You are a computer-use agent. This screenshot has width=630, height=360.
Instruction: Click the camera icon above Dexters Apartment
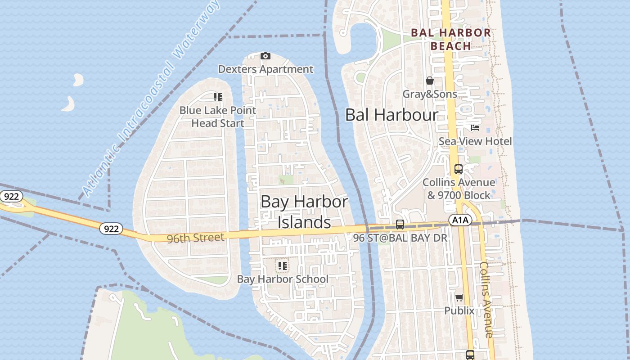tap(265, 56)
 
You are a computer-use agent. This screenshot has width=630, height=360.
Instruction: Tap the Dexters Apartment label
tap(265, 69)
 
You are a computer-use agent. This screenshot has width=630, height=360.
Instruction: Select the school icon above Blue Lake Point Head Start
tap(218, 97)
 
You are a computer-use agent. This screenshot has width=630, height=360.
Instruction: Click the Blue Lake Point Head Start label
tap(218, 117)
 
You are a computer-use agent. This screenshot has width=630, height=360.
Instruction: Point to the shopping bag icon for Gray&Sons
tap(430, 81)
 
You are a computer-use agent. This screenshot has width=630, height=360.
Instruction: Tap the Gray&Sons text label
tap(430, 94)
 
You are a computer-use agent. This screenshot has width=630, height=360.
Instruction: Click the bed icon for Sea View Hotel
tap(475, 128)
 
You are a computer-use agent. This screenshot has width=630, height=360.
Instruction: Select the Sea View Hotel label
tap(475, 141)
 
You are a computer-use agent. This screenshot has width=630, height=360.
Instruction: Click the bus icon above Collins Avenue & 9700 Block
tap(458, 169)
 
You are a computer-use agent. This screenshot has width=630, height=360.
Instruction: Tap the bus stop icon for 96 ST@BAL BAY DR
tap(400, 224)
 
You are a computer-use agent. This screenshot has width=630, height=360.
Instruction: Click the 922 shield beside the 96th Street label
tap(111, 229)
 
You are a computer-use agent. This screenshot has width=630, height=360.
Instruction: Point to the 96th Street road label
tap(195, 238)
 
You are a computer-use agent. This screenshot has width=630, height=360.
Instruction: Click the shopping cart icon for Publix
tap(459, 297)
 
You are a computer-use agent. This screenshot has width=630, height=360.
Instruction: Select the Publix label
tap(459, 310)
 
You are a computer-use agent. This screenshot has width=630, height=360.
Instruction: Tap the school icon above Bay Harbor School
tap(282, 266)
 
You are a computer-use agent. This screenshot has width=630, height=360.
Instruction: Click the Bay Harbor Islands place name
tap(304, 212)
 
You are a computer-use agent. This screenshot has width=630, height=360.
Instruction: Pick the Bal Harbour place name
tap(391, 115)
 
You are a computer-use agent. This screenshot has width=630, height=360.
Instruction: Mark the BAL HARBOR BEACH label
tap(451, 39)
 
